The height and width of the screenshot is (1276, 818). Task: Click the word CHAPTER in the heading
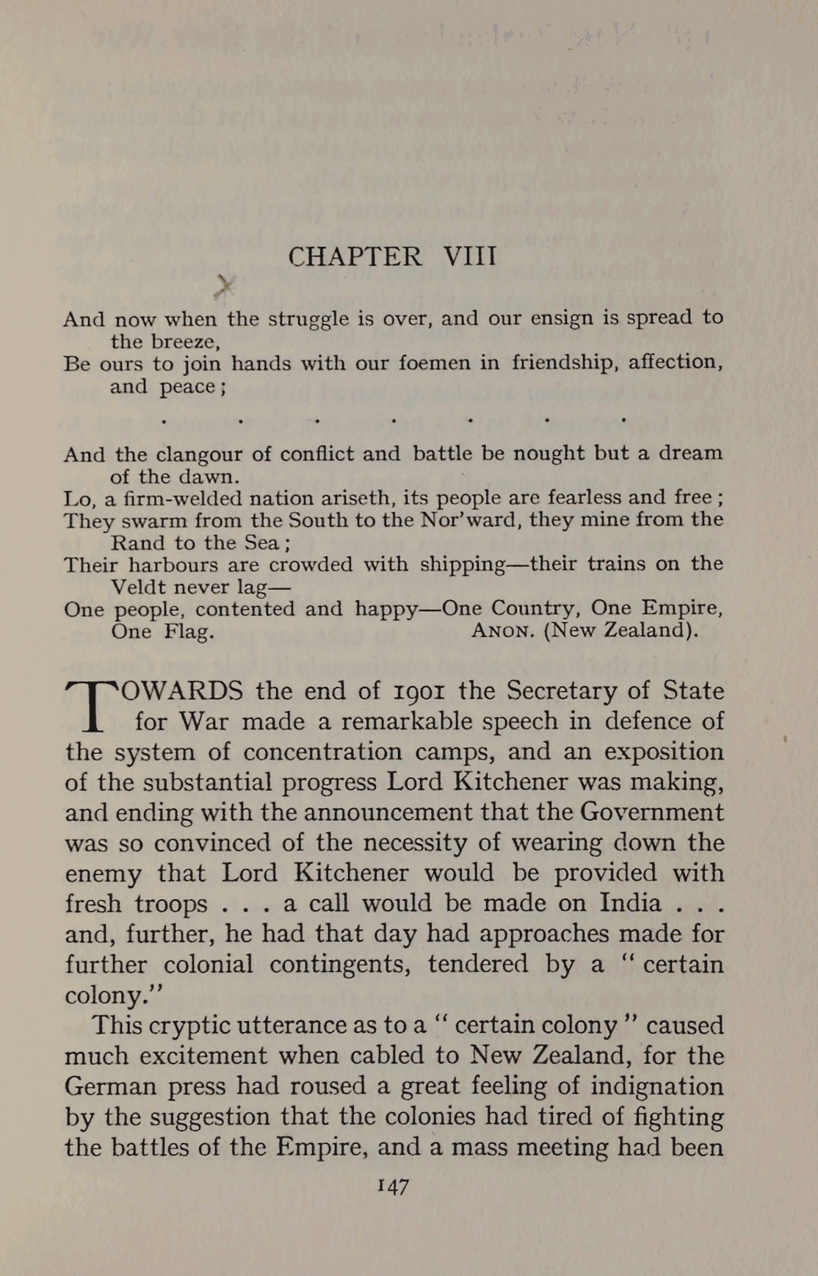pyautogui.click(x=355, y=256)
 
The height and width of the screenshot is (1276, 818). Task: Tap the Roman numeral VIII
pyautogui.click(x=470, y=256)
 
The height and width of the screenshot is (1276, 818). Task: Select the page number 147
pyautogui.click(x=393, y=1186)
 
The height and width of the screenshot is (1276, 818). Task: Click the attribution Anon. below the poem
pyautogui.click(x=502, y=631)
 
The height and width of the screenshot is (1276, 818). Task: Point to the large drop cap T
pyautogui.click(x=92, y=707)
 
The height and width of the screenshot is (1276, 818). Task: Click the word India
pyautogui.click(x=631, y=902)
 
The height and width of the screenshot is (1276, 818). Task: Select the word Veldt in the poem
pyautogui.click(x=140, y=588)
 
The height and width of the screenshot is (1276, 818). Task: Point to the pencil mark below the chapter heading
pyautogui.click(x=225, y=285)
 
